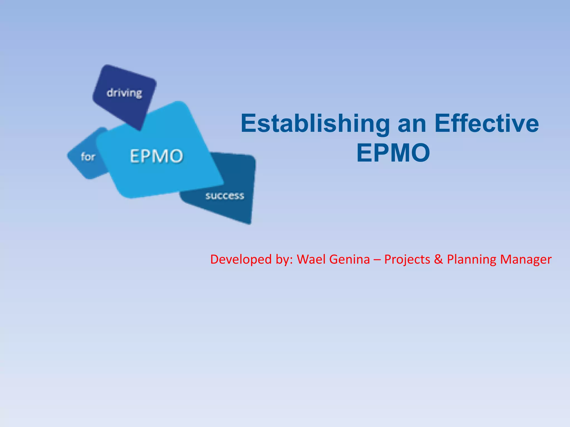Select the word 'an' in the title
click(x=412, y=124)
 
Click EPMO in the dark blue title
click(x=393, y=153)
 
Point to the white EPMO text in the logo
click(x=156, y=156)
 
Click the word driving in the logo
click(x=124, y=93)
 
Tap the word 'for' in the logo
click(x=88, y=157)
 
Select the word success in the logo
click(x=225, y=196)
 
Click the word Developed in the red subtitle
click(x=241, y=260)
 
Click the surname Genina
click(x=350, y=260)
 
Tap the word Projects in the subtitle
click(x=407, y=260)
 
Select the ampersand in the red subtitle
click(x=438, y=259)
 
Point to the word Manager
click(x=526, y=260)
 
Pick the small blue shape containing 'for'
click(x=83, y=164)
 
